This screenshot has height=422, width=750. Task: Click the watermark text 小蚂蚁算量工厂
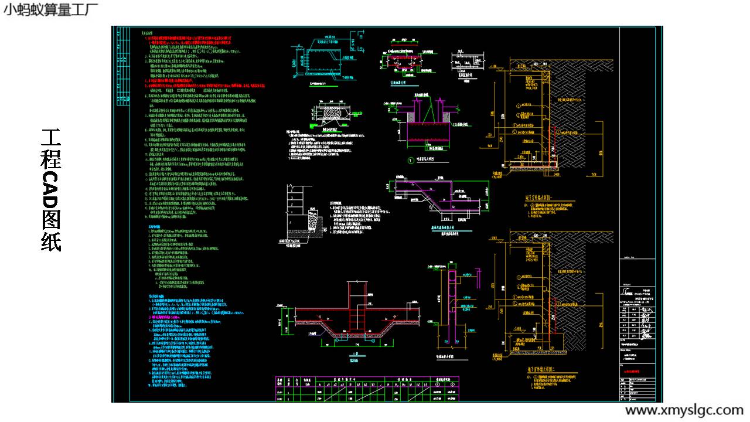50,10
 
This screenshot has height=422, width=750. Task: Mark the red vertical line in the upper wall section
550,141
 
